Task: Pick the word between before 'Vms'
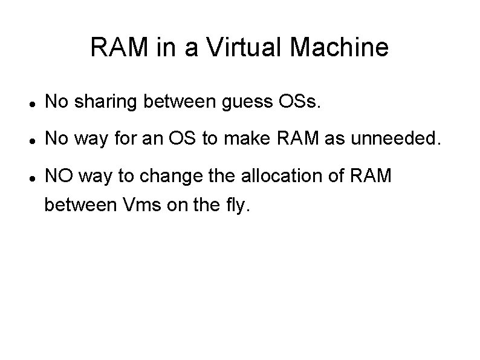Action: [x=80, y=206]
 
